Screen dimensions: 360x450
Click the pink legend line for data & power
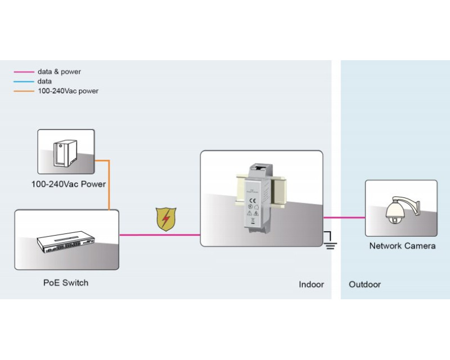(24, 72)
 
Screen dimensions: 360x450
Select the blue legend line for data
(24, 82)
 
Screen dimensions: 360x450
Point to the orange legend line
(24, 91)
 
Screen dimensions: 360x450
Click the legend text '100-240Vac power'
(68, 91)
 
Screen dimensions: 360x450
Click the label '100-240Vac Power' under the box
(68, 184)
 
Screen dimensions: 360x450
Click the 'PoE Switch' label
(66, 282)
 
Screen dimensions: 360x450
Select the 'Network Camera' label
(402, 246)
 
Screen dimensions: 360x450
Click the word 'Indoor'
(311, 285)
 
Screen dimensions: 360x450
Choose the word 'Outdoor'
(364, 285)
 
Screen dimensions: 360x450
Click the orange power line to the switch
(108, 186)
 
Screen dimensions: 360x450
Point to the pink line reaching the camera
(344, 217)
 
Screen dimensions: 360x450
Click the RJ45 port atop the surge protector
(260, 168)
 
